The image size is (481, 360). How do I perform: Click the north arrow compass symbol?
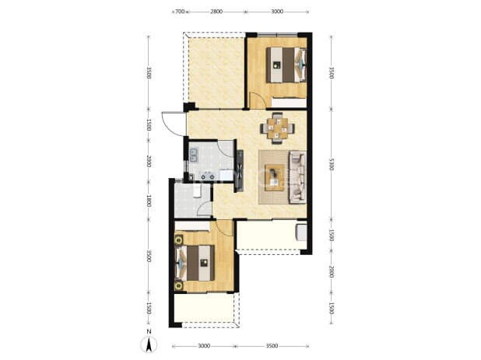[149, 344]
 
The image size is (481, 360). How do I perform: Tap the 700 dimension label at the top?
[180, 12]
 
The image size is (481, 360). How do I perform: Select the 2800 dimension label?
[216, 12]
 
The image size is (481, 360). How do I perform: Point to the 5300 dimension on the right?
[331, 164]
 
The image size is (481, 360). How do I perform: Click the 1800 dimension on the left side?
[149, 201]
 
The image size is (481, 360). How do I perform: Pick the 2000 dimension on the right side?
[331, 271]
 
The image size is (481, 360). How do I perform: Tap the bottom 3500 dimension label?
[272, 346]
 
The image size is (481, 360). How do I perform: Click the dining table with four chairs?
[278, 128]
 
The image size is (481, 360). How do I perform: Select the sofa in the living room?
[297, 177]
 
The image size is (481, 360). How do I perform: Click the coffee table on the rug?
[275, 178]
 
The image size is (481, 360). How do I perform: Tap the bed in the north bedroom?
[286, 65]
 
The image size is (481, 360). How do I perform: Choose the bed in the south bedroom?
[195, 263]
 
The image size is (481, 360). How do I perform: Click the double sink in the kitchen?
[194, 155]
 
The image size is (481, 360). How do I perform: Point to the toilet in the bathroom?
[197, 190]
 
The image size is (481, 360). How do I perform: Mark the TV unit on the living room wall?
[240, 171]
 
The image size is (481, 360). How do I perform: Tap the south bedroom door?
[224, 229]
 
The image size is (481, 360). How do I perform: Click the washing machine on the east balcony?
[301, 232]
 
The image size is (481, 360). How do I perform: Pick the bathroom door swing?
[203, 210]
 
